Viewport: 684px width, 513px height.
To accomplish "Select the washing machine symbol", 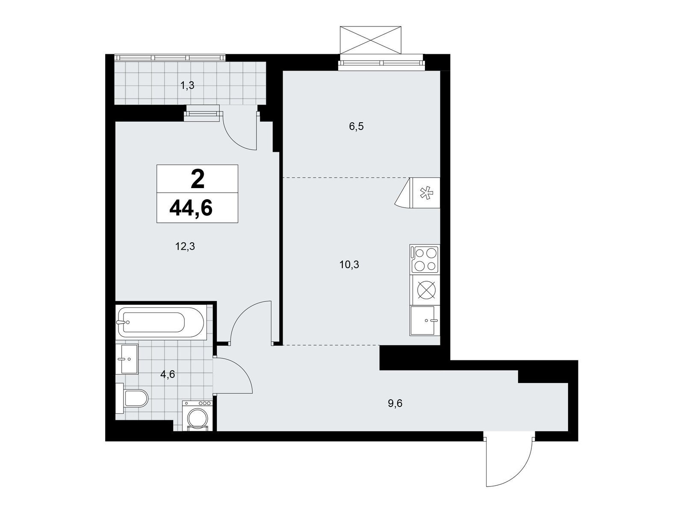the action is tap(197, 416).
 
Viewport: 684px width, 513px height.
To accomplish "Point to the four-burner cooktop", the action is tap(425, 259).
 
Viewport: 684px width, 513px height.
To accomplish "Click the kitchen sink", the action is tap(425, 321).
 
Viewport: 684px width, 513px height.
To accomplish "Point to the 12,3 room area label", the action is tap(185, 247).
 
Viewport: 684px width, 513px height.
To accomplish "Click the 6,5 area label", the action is tap(357, 127).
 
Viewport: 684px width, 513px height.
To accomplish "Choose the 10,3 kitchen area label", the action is tap(349, 265).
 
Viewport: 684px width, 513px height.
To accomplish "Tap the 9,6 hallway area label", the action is tap(395, 404).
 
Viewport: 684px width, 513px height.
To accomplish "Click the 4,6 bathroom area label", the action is tap(167, 374).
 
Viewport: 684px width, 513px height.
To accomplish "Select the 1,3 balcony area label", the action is tap(187, 85).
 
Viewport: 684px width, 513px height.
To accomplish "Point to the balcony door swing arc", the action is tap(236, 142).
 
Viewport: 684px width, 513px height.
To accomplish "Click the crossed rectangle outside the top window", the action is tap(370, 40).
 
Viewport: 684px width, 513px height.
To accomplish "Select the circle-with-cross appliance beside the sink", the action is tap(425, 290).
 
